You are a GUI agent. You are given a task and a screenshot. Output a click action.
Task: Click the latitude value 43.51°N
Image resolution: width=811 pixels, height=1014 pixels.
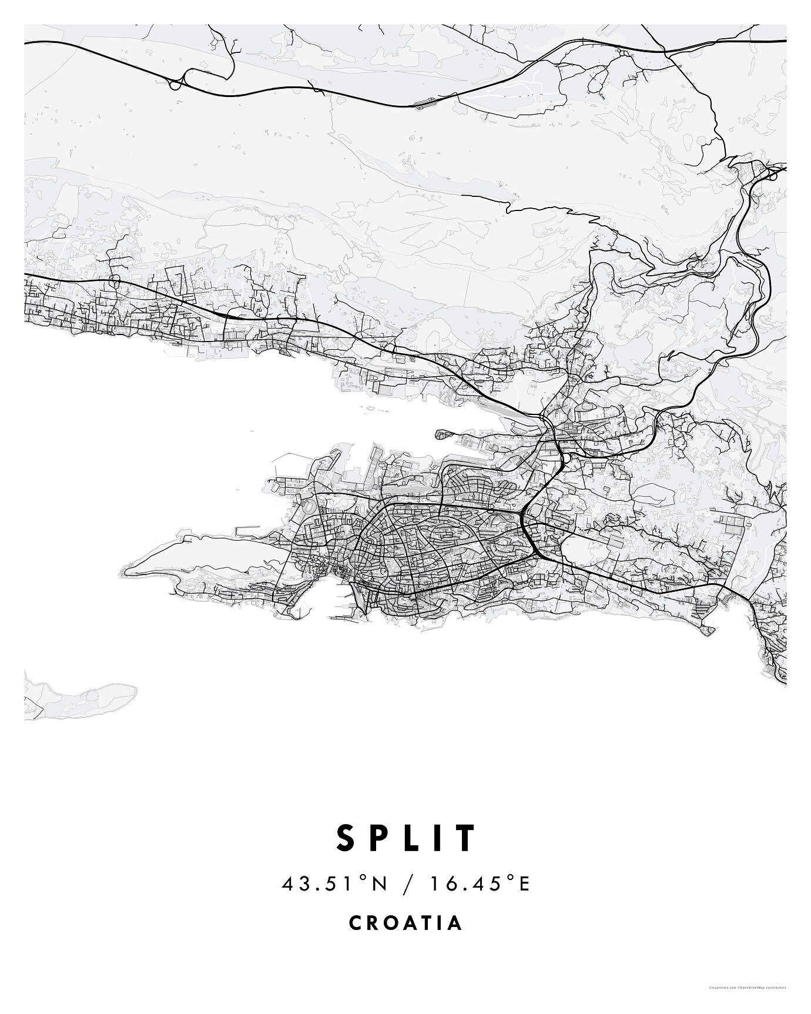tap(335, 884)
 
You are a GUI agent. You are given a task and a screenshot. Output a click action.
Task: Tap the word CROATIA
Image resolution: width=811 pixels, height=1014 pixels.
tap(405, 922)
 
